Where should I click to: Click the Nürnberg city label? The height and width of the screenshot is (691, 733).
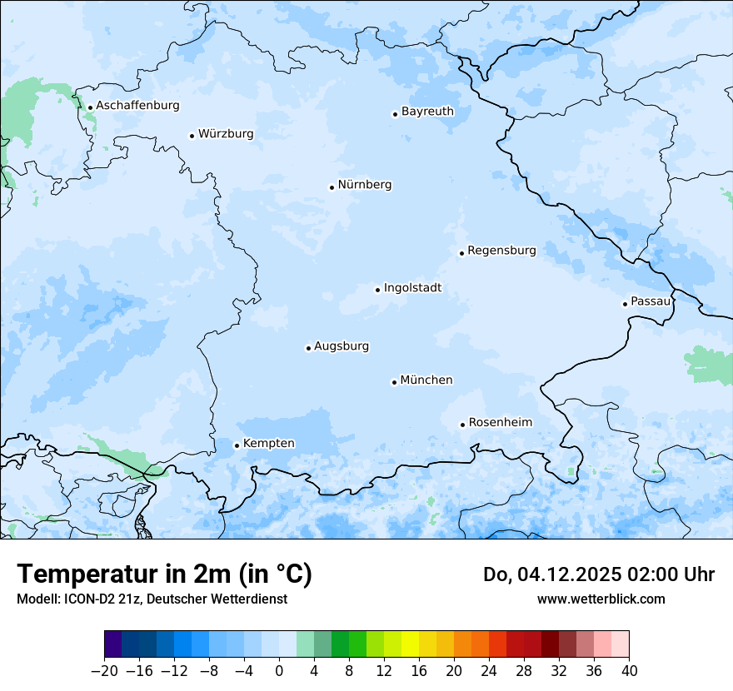(364, 185)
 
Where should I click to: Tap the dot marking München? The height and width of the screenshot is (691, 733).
(394, 382)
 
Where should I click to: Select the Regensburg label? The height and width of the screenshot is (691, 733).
(501, 251)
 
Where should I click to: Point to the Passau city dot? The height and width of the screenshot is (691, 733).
(625, 304)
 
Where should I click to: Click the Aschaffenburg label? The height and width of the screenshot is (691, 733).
(137, 106)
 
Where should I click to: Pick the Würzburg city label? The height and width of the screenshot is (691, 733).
(226, 134)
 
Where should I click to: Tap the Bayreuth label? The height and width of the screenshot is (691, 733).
(427, 112)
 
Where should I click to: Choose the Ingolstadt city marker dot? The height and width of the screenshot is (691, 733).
(377, 290)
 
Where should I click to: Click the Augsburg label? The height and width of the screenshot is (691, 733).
(342, 346)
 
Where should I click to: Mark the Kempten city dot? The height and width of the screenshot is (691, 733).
(237, 445)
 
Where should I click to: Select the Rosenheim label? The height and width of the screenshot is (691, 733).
(500, 423)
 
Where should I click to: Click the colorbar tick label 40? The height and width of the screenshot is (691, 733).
(629, 671)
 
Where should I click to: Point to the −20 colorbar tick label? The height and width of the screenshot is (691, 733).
(104, 671)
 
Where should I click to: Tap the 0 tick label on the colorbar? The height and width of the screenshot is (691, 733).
(279, 671)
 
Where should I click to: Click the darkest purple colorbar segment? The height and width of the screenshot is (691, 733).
(113, 644)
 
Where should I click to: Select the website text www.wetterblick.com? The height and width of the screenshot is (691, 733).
(601, 599)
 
